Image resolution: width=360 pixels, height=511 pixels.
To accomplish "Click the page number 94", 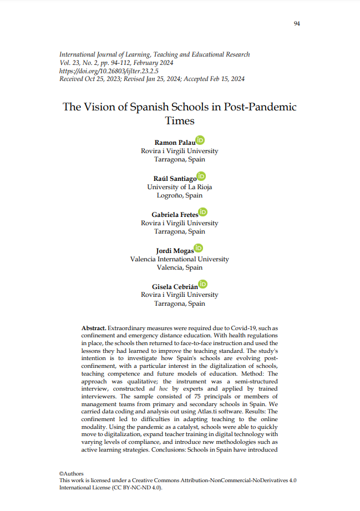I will click(297, 23).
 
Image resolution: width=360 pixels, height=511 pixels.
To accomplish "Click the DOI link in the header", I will click(109, 71).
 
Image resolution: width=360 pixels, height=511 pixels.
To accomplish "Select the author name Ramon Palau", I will click(174, 143).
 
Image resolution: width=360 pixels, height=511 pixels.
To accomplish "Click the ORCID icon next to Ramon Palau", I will click(200, 140).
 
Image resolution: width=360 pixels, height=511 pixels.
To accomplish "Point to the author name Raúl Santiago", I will click(175, 179).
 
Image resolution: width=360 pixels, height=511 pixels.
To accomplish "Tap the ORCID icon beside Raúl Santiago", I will click(202, 176).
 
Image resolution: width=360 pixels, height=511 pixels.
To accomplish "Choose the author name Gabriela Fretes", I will click(175, 214).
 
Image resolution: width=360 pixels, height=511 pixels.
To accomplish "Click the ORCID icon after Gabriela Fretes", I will click(203, 212).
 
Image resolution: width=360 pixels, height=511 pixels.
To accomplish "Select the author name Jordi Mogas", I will click(175, 250).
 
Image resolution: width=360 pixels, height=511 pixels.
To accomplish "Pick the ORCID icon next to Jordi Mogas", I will click(199, 248).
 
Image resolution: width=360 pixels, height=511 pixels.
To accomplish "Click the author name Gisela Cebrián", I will click(175, 286).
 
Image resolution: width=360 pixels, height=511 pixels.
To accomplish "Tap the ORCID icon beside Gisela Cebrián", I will click(202, 284).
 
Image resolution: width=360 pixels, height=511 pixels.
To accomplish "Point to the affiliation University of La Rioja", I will click(179, 187).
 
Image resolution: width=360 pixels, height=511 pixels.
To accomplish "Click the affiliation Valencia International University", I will click(179, 259).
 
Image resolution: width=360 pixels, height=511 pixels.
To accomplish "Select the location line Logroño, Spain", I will click(179, 196).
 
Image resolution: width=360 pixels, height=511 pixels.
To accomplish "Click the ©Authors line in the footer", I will click(72, 473).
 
